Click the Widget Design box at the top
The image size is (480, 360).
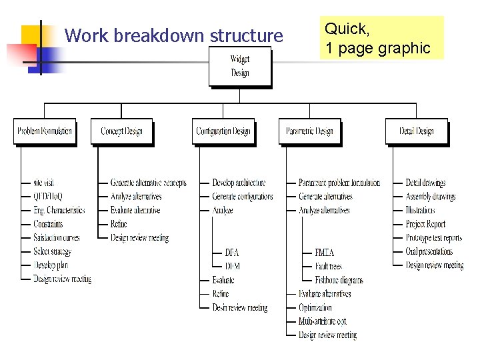240,66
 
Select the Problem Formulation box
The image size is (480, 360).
45,131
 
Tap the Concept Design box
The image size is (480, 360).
121,131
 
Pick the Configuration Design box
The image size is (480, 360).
223,131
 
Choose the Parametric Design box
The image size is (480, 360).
309,131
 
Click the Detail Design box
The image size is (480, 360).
416,131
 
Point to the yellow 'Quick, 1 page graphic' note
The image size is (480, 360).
381,38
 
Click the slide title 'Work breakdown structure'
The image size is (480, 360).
174,35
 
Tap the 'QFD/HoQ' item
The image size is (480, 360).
49,197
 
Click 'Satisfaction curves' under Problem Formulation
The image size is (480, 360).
57,238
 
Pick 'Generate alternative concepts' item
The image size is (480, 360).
149,183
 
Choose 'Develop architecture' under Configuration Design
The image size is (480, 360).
239,183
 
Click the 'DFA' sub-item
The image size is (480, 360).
232,252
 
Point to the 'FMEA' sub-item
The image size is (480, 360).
325,252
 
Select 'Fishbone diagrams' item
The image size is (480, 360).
339,280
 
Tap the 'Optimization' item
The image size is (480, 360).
315,307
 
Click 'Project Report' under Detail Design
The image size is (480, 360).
425,224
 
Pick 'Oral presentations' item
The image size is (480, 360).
429,251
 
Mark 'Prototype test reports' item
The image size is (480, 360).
434,238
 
